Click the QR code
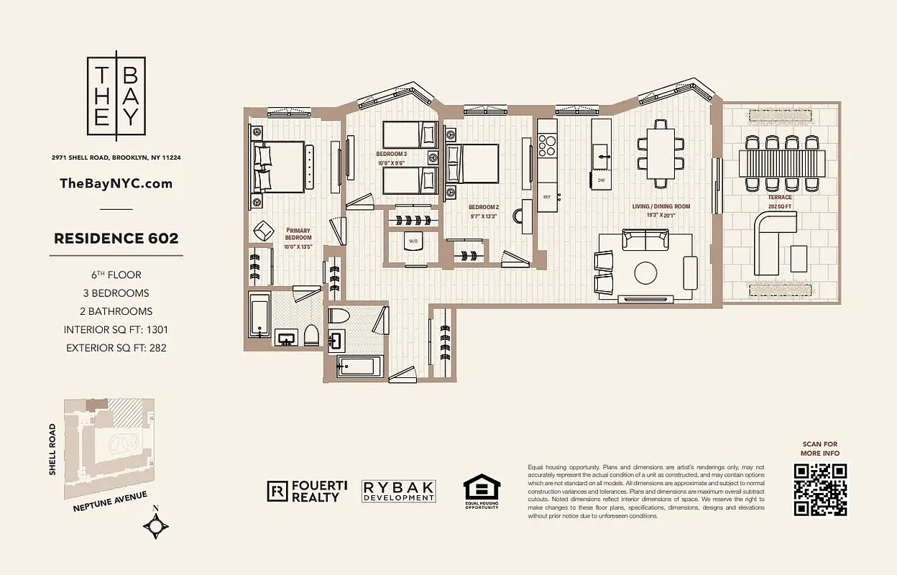[x=820, y=489]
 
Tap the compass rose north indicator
[x=156, y=526]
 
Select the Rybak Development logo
[x=399, y=491]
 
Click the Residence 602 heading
[x=116, y=239]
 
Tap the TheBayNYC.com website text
[x=116, y=183]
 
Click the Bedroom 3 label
[x=392, y=158]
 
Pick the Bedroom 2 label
[x=483, y=210]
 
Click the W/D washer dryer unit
[x=413, y=242]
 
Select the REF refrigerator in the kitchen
[x=547, y=197]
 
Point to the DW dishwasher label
[x=601, y=180]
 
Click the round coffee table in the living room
[x=645, y=273]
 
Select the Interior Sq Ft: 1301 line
[x=116, y=330]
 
